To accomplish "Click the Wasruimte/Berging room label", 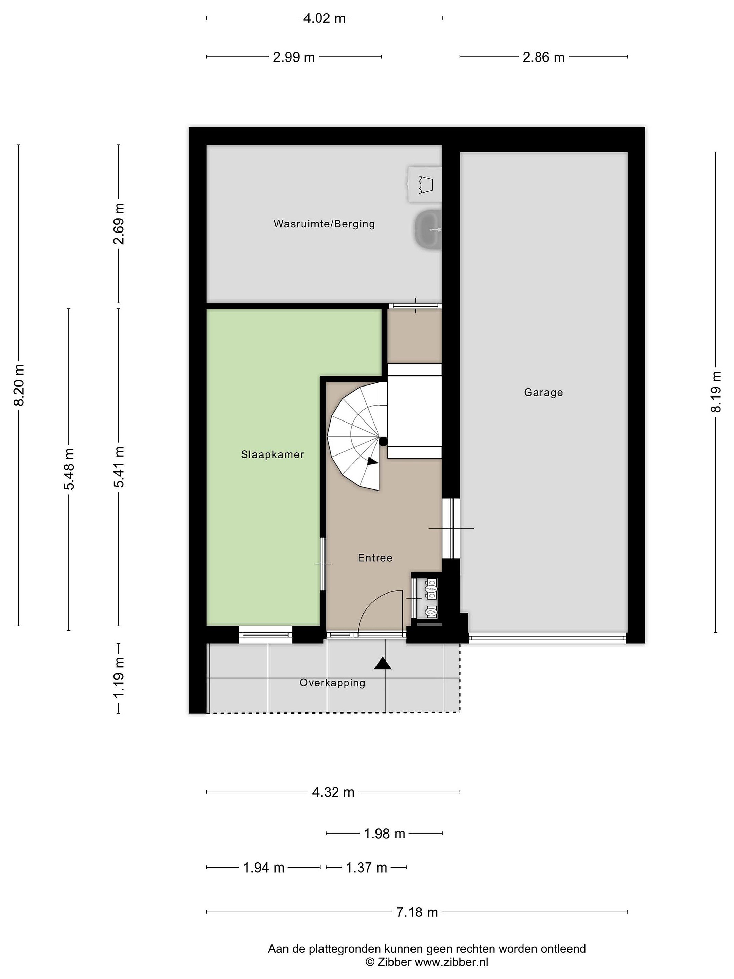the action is click(x=324, y=224).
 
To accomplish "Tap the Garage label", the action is click(x=543, y=392).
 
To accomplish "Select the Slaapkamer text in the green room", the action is click(x=273, y=454).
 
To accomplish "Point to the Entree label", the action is click(x=375, y=558).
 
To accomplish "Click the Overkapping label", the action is click(x=332, y=683).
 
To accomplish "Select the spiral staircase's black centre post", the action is click(x=383, y=441).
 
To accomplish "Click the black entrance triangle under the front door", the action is click(x=383, y=664).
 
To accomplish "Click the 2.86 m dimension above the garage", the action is click(x=543, y=57).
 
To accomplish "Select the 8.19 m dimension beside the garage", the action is click(x=715, y=392).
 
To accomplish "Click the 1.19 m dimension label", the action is click(x=119, y=677).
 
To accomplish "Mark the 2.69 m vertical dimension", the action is click(x=119, y=224).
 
